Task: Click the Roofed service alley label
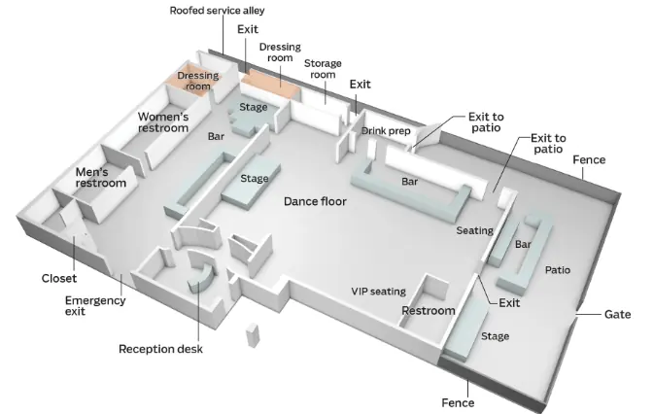217,11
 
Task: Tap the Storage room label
323,69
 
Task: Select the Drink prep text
386,131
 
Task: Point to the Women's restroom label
163,122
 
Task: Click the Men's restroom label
101,178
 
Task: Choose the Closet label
59,278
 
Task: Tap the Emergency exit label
95,306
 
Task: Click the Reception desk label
160,349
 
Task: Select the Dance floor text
315,201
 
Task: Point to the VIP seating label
379,292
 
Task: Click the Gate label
618,314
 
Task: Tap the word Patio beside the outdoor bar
558,270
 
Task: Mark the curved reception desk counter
201,271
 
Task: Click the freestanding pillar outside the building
253,335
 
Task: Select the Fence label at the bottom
458,402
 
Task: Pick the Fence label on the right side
589,159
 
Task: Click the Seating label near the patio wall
475,230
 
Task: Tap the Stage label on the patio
496,336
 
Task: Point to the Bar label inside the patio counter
523,244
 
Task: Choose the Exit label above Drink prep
361,85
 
